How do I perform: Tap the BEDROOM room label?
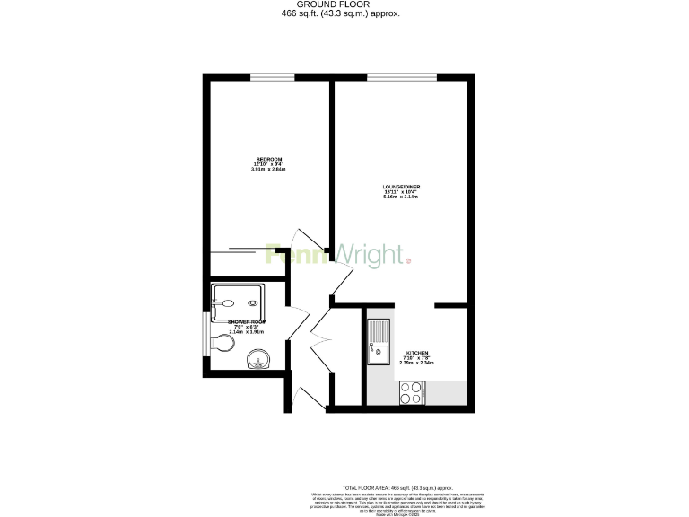268,160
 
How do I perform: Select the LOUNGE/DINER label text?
402,187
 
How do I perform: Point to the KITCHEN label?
417,354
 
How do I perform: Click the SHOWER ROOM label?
248,321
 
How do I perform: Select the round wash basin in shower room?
258,362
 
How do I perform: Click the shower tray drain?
252,302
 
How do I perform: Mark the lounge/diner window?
401,77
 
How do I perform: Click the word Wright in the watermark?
370,254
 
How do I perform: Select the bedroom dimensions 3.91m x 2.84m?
268,169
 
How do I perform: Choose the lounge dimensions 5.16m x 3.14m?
402,197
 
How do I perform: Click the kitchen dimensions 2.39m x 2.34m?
417,364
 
